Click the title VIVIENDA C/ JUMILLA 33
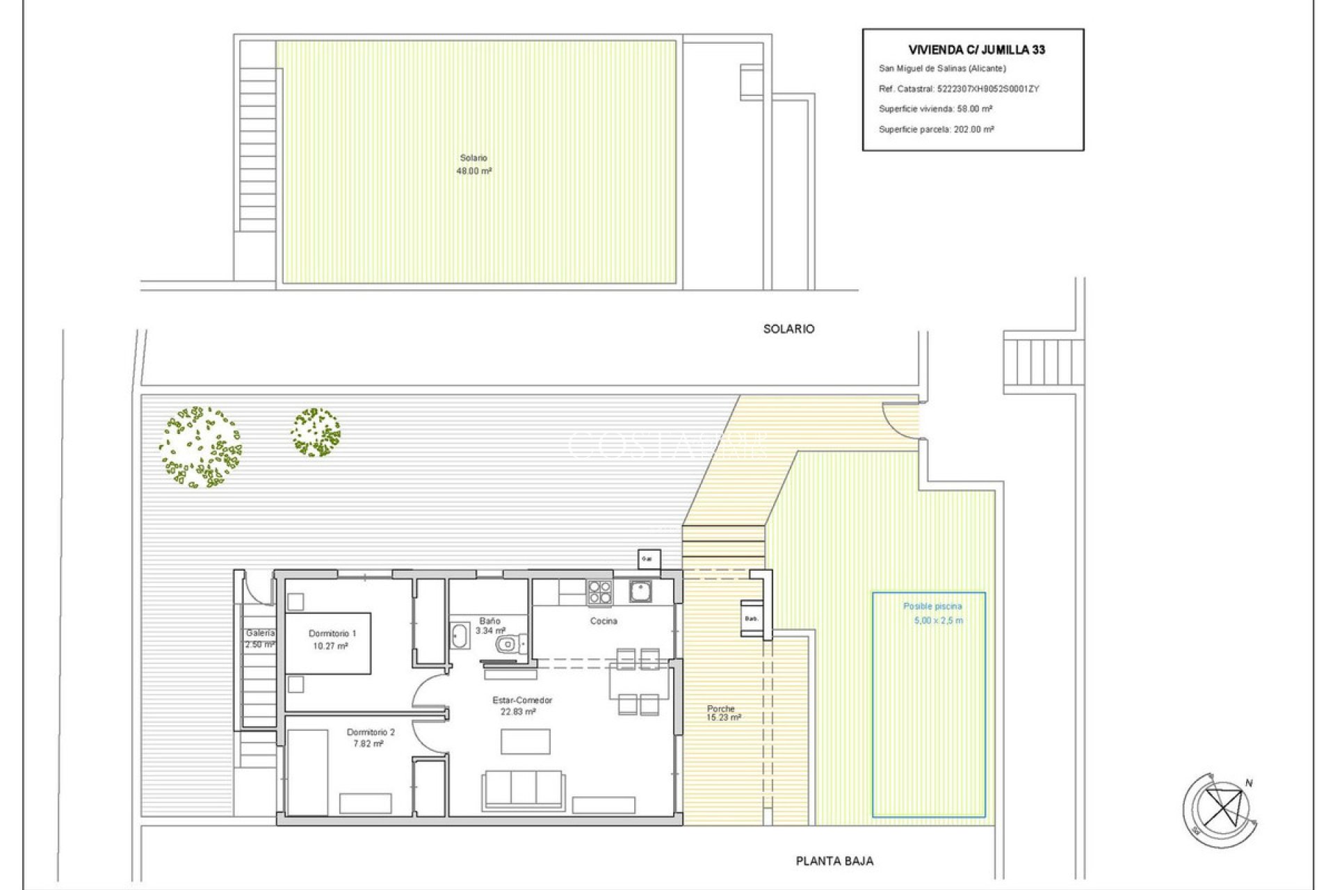click(x=976, y=50)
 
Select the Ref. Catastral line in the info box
click(x=958, y=89)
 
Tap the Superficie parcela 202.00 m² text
click(x=936, y=129)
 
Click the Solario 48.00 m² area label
click(x=474, y=165)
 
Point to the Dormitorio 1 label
click(x=332, y=633)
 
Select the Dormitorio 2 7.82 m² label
click(x=370, y=738)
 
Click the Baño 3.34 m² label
click(x=489, y=626)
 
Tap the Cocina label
click(x=603, y=621)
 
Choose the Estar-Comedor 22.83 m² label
click(x=521, y=706)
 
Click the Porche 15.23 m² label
click(x=722, y=713)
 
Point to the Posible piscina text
click(x=932, y=606)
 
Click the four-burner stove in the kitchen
click(x=600, y=592)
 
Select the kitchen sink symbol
click(x=640, y=592)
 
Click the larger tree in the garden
click(x=200, y=447)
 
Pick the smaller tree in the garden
click(x=316, y=432)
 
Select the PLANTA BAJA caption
click(x=834, y=861)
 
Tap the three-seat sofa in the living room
click(x=523, y=789)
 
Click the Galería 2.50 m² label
click(x=259, y=638)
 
